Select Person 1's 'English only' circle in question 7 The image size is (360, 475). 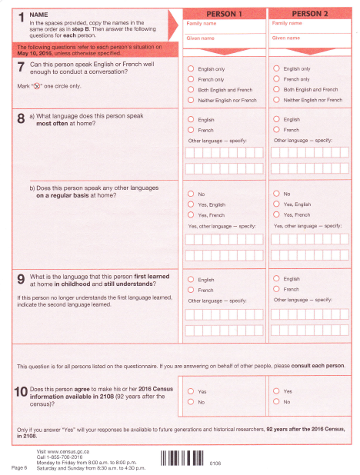tap(191, 69)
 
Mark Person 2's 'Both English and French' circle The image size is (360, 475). tap(277, 90)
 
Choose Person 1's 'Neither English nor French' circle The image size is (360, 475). tap(191, 100)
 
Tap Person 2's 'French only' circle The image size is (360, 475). tap(277, 79)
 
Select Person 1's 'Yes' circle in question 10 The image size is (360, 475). tap(191, 391)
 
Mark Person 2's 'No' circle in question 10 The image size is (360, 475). tap(277, 402)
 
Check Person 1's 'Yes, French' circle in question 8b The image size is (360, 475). tap(191, 214)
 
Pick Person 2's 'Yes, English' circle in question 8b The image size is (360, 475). tap(277, 204)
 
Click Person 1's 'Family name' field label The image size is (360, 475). tap(198, 24)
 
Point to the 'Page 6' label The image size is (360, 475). tap(19, 466)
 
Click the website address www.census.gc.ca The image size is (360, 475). tap(65, 450)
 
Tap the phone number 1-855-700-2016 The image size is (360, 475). tap(67, 455)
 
